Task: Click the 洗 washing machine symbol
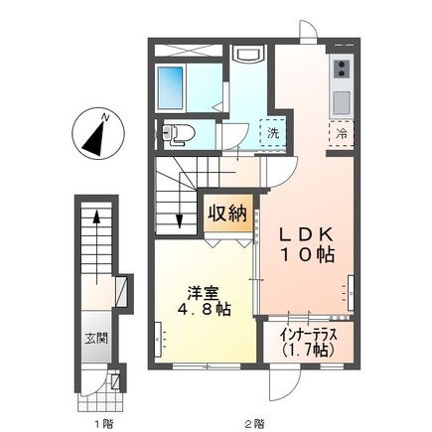270,133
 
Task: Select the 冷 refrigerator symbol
341,133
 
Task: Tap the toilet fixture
177,132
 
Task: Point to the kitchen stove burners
340,70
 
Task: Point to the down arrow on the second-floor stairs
180,222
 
